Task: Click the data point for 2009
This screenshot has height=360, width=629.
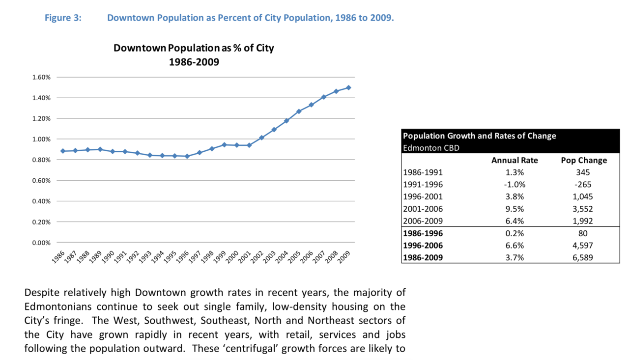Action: (x=348, y=87)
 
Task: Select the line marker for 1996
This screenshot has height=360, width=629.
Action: (x=187, y=156)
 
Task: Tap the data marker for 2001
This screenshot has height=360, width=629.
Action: (x=249, y=145)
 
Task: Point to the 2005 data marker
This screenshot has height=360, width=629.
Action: (x=299, y=111)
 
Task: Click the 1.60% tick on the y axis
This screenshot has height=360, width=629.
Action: (x=41, y=77)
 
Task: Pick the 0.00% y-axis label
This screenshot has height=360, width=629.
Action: (x=41, y=243)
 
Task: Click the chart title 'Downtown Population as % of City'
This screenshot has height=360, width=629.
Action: (x=194, y=48)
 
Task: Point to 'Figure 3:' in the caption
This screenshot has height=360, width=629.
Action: (x=63, y=18)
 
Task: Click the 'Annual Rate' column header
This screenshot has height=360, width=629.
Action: (x=515, y=160)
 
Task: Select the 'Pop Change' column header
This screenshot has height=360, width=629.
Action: (x=584, y=160)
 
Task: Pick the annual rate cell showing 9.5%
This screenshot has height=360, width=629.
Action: (x=515, y=209)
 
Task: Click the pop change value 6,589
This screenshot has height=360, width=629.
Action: (x=584, y=257)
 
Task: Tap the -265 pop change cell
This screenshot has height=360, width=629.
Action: (x=584, y=185)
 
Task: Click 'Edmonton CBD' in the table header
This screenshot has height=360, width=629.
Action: (x=431, y=147)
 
